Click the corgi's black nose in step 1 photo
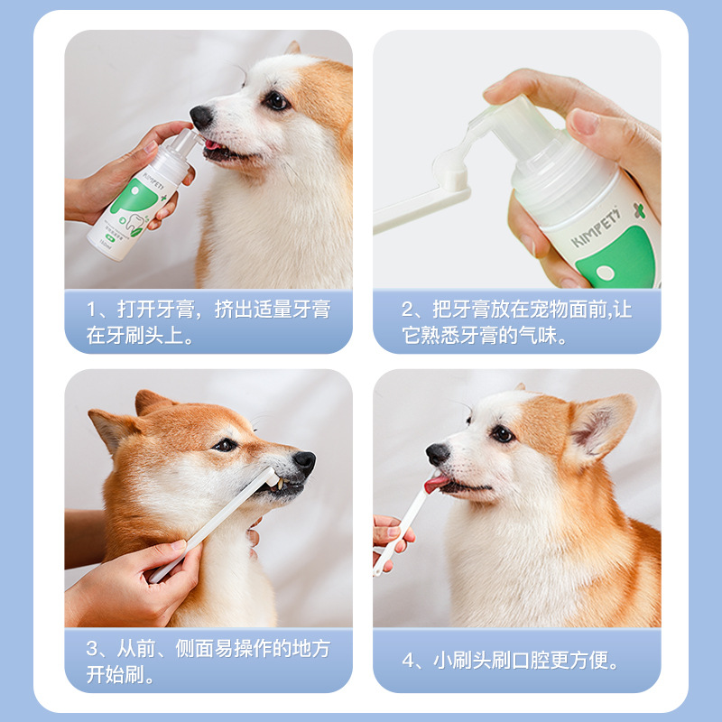point(201,116)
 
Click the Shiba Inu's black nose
point(304,462)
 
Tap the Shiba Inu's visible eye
point(225,445)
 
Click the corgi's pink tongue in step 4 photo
point(437,484)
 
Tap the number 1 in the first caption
point(93,310)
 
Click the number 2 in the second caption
point(408,310)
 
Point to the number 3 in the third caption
point(93,649)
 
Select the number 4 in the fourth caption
point(408,661)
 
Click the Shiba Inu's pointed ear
point(108,424)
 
